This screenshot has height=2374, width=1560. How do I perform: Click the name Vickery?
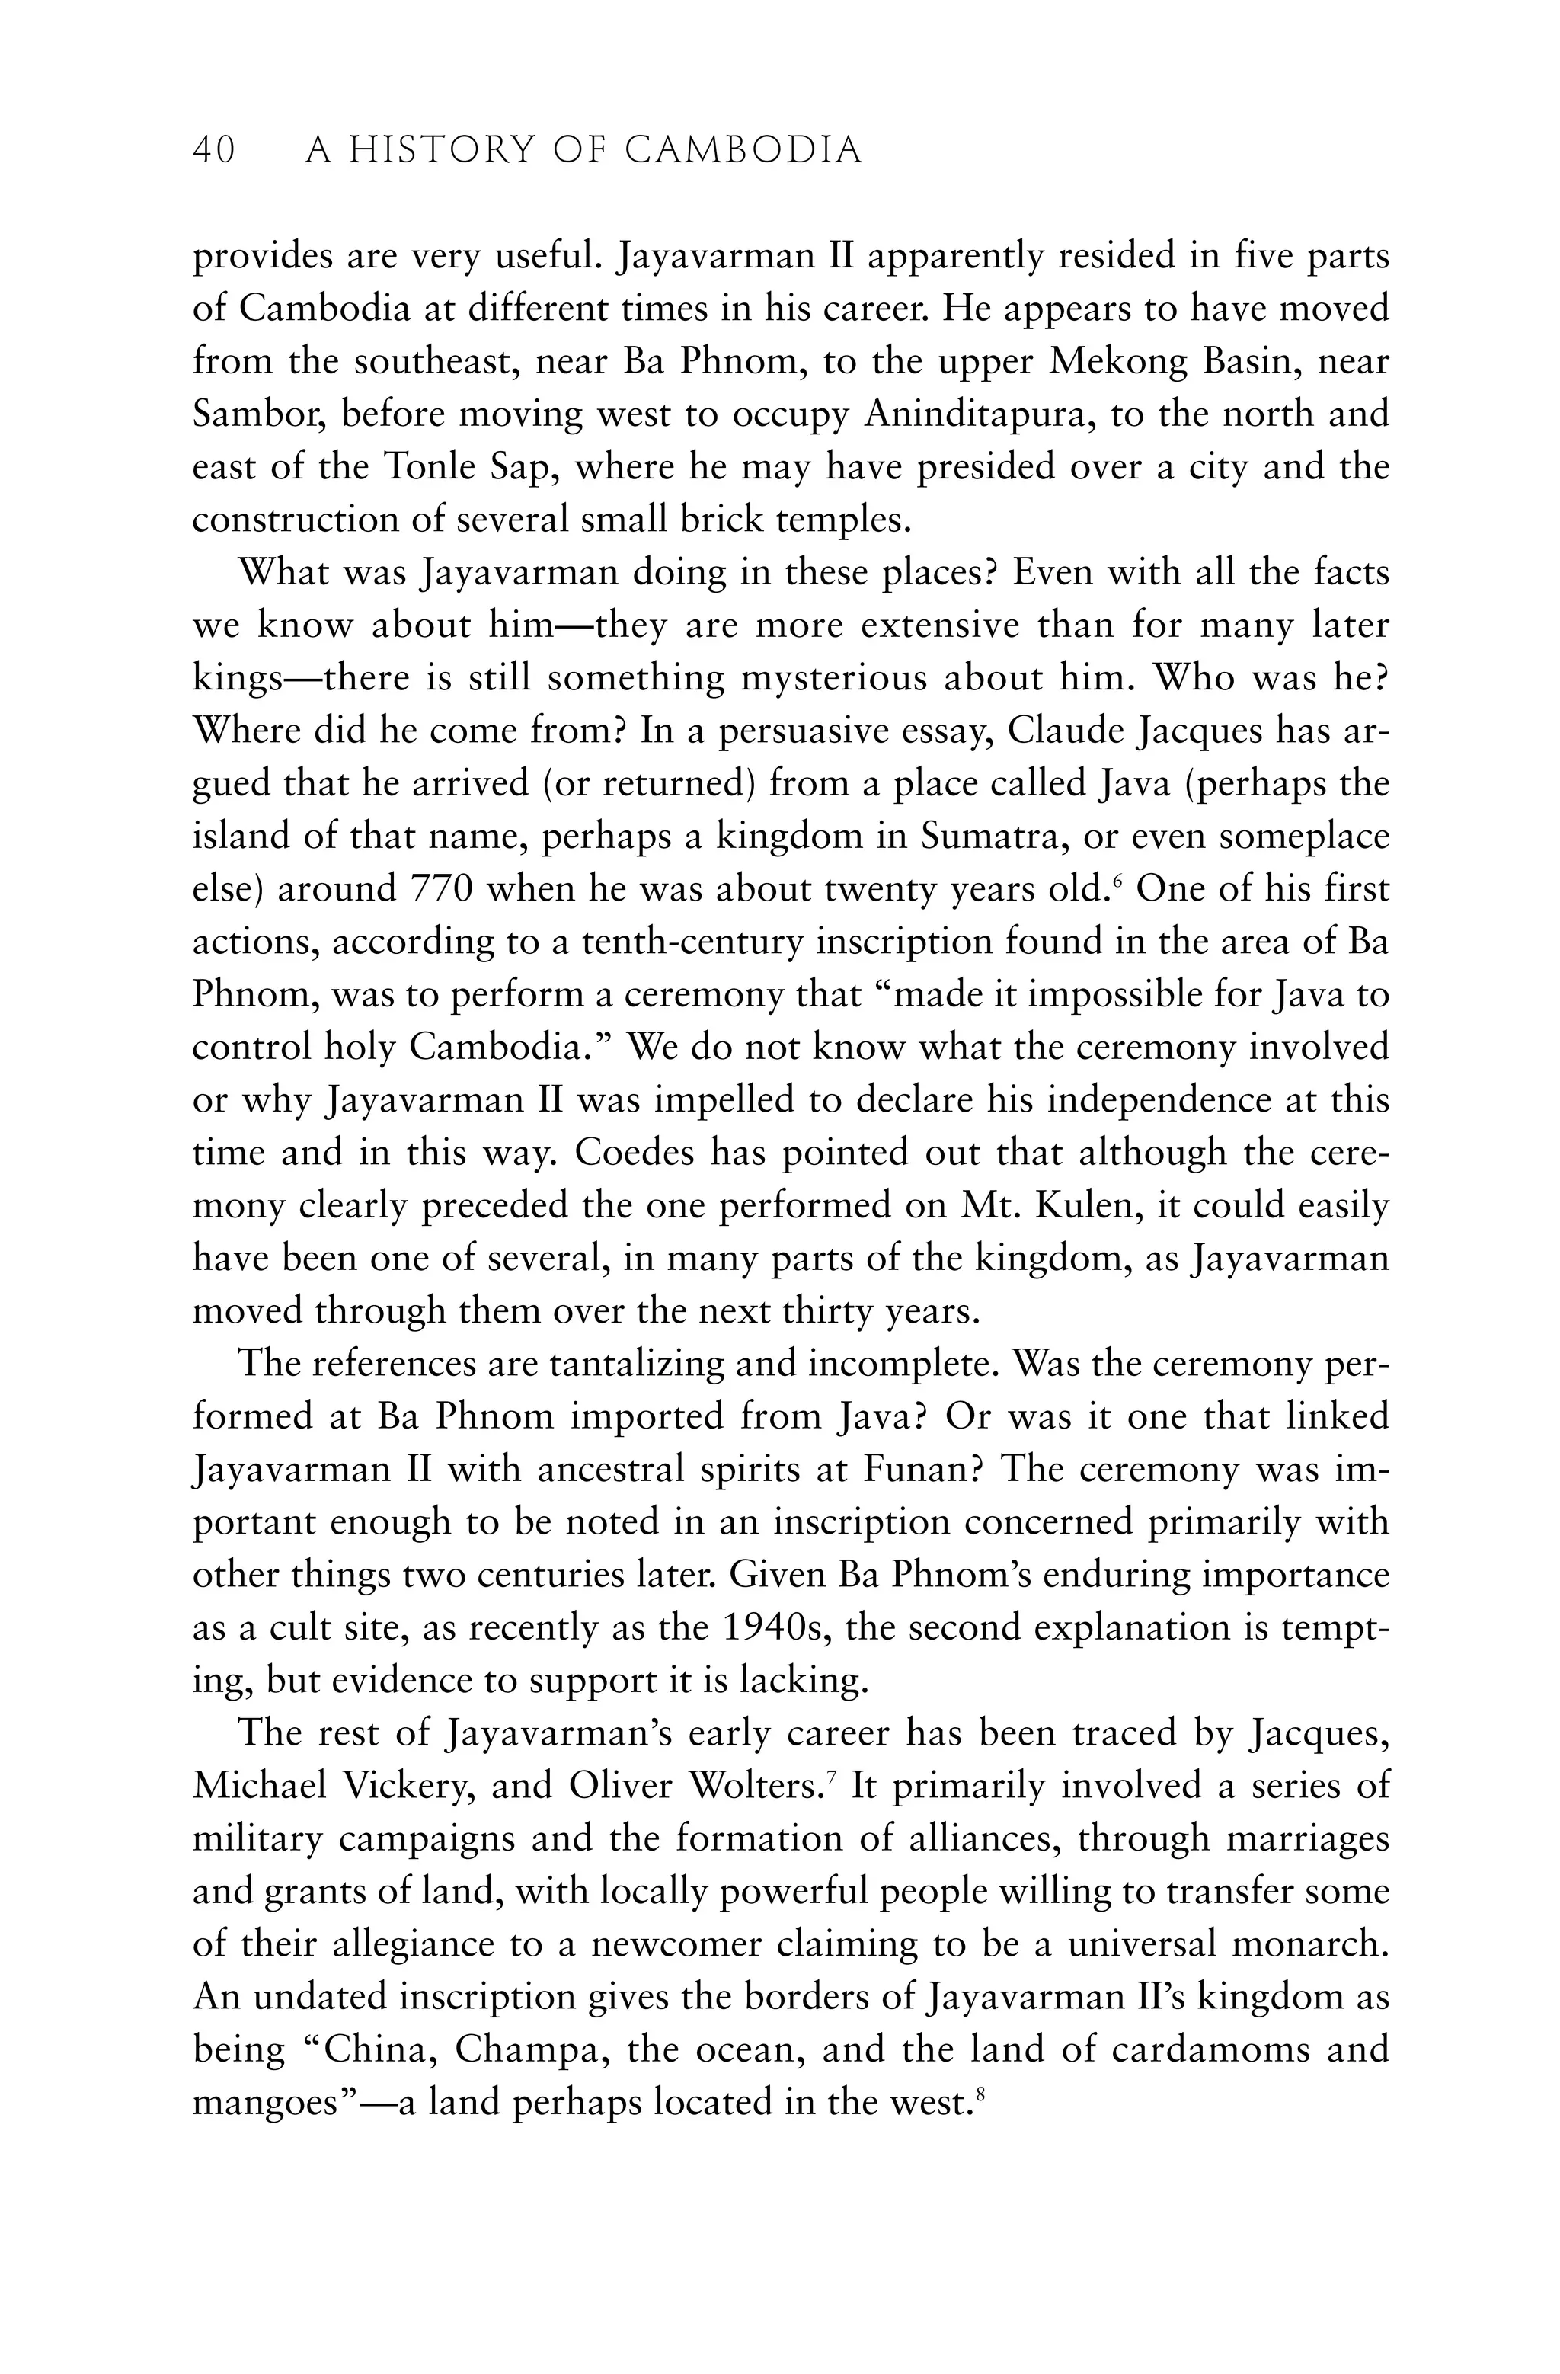pos(407,1787)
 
